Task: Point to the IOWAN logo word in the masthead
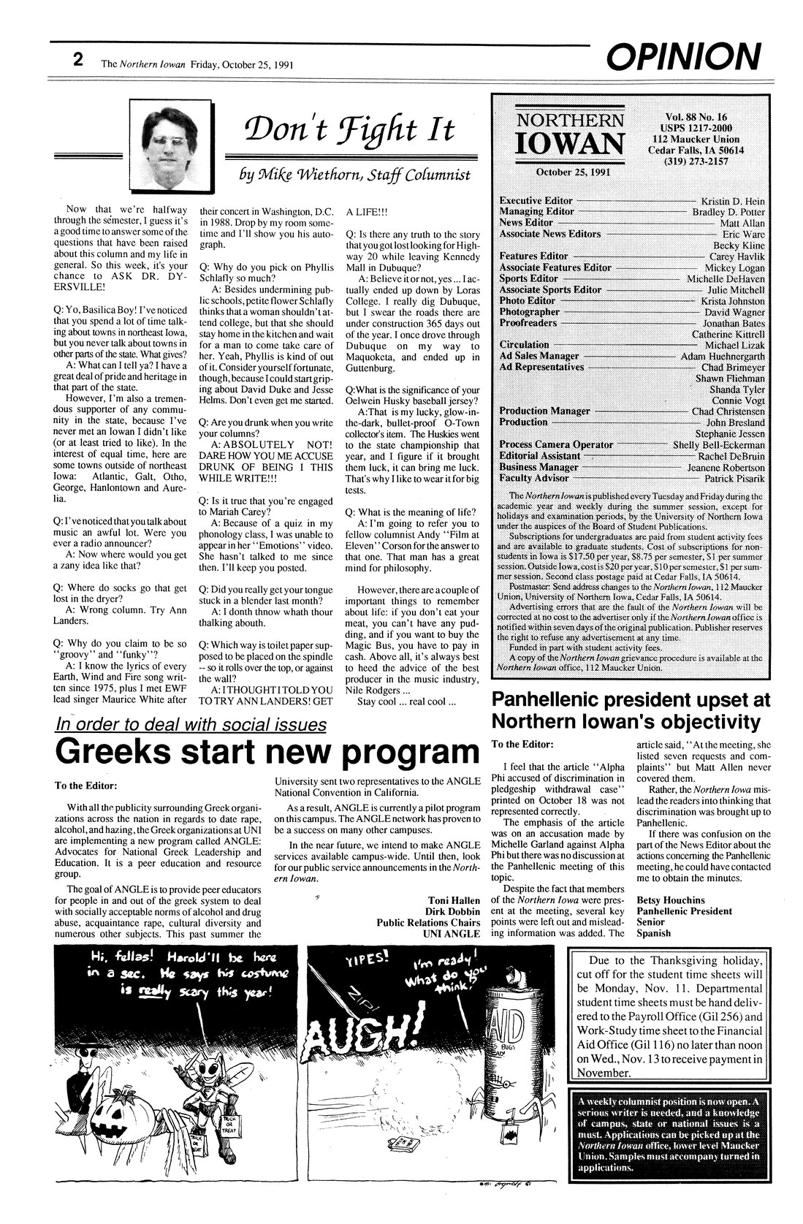(570, 146)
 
